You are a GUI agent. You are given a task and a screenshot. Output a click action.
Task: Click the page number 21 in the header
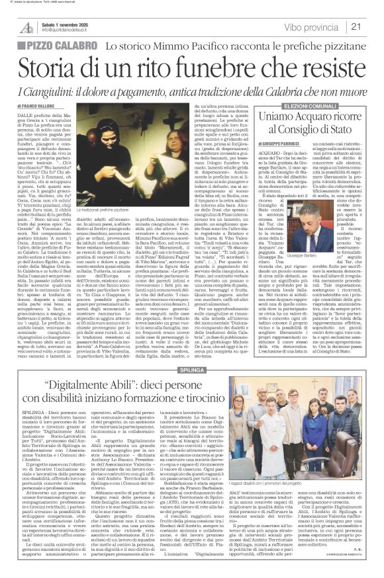[x=371, y=26]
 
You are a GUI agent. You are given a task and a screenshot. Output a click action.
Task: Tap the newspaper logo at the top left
[x=26, y=26]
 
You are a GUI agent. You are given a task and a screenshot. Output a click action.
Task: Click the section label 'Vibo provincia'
[x=320, y=26]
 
